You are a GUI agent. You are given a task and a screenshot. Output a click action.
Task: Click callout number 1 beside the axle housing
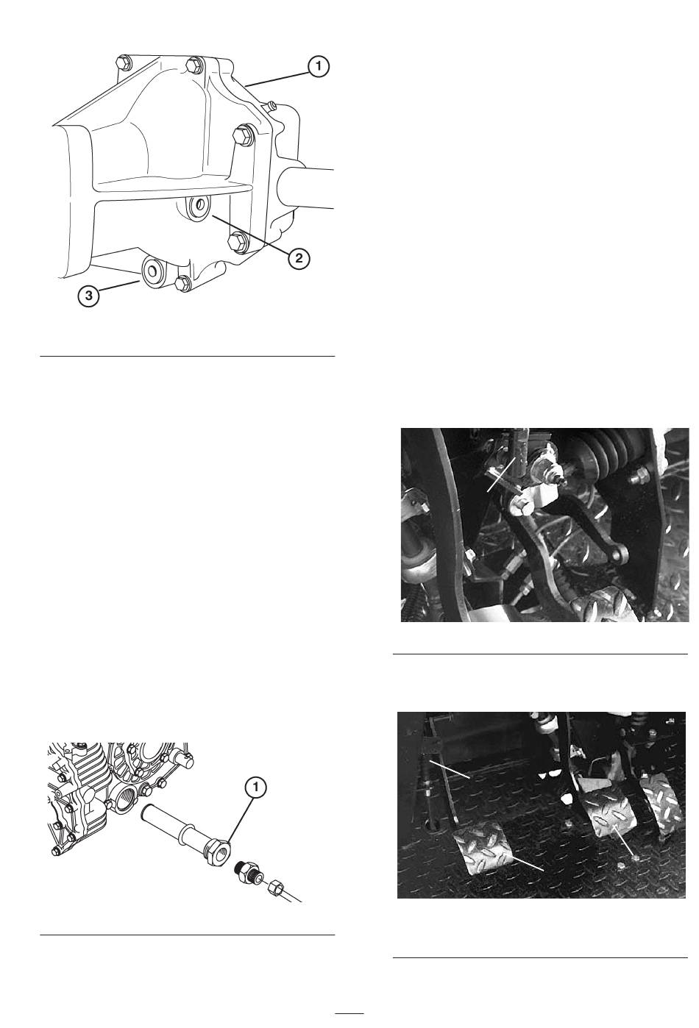pos(318,67)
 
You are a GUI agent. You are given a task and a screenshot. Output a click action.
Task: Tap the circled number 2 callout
pos(299,258)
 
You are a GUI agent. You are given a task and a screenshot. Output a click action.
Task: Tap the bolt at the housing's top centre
pos(195,65)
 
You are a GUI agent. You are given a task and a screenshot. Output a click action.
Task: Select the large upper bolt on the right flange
pos(243,134)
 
